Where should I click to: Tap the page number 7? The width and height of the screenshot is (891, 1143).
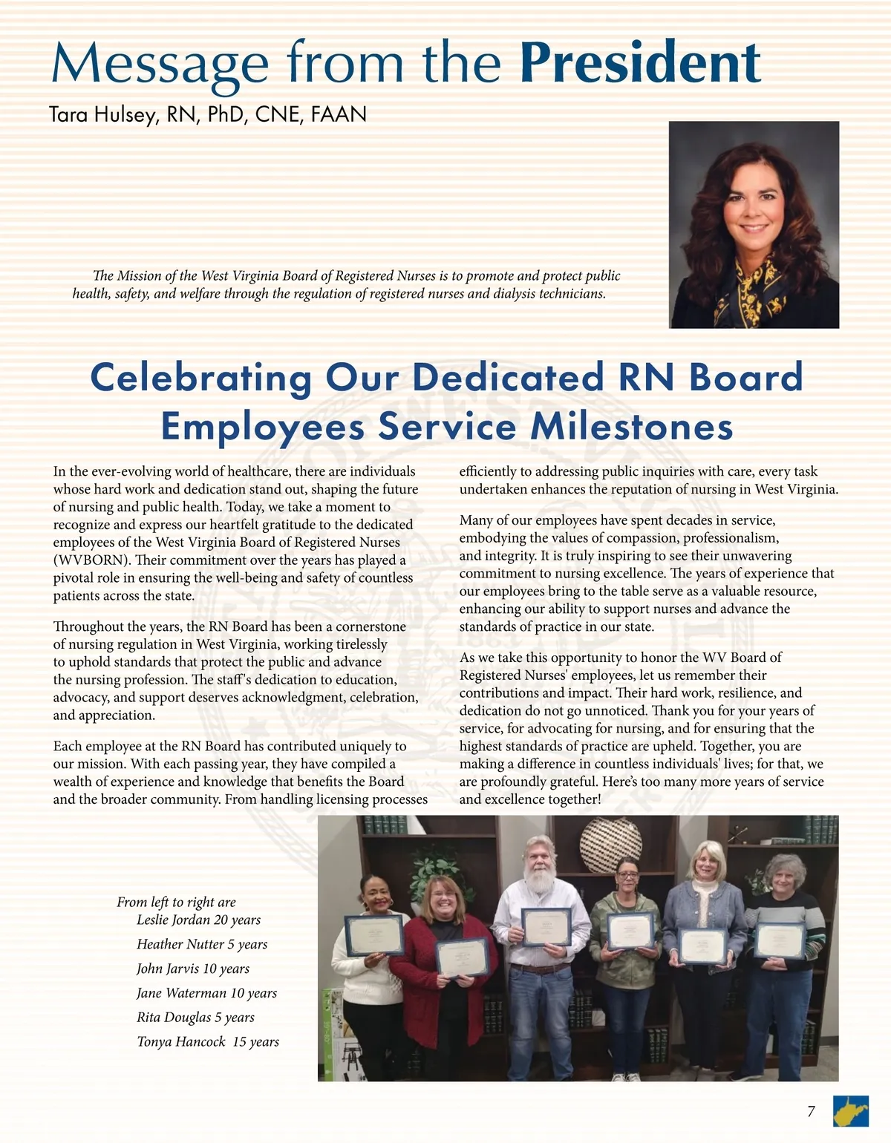pos(811,1111)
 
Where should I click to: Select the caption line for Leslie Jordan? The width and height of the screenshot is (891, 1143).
pos(198,920)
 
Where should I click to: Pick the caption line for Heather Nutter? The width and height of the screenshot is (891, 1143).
pos(202,944)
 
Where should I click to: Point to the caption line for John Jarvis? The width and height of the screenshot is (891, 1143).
pos(193,969)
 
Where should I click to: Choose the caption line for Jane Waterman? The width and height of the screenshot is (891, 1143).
pos(206,993)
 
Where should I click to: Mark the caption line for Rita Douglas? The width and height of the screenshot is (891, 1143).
pos(195,1018)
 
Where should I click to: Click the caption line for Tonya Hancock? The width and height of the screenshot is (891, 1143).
pos(208,1042)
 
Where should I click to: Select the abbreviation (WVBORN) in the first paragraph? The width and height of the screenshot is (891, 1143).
pos(87,560)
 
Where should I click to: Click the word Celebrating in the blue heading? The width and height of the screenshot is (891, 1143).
pos(201,377)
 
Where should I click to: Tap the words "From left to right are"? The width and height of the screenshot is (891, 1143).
pos(176,903)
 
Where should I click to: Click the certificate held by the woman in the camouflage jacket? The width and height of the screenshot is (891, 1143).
pos(630,930)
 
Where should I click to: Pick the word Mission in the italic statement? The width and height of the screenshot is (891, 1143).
pos(135,276)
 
